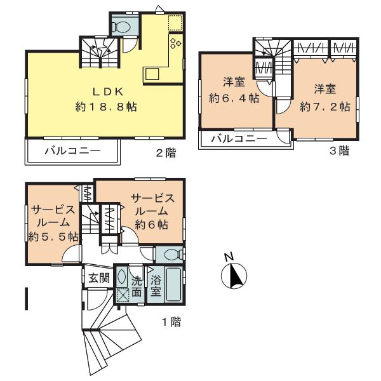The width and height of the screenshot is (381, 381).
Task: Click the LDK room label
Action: (107, 92)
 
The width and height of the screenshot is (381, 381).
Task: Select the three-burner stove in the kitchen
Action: (176, 43)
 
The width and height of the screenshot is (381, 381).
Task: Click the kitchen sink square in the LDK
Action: (152, 74)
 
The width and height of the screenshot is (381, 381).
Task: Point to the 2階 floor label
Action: (166, 153)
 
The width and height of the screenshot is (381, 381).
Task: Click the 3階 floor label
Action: (340, 150)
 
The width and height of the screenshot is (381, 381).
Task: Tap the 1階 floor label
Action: (171, 322)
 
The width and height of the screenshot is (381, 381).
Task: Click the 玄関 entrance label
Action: (99, 278)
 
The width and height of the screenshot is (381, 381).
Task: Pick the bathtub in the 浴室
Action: (173, 284)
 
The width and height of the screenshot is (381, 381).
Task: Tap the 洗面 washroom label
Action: (137, 287)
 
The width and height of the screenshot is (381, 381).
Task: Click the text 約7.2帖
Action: (325, 107)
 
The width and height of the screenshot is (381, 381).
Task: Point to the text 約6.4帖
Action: (234, 98)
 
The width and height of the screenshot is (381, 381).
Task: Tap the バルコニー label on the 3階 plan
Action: (239, 138)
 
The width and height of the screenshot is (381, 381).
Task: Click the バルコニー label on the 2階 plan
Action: (72, 151)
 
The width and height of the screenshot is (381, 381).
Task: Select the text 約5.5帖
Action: (53, 236)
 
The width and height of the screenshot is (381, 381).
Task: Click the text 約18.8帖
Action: (106, 107)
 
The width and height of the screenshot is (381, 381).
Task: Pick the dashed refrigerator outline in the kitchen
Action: (175, 23)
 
